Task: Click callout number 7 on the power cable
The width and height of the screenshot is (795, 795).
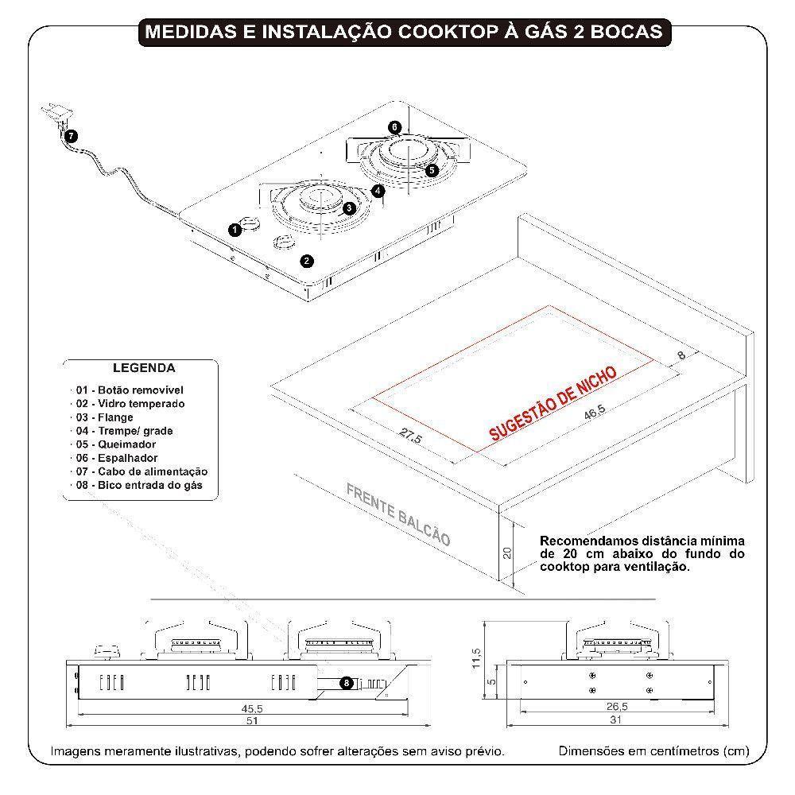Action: [x=72, y=136]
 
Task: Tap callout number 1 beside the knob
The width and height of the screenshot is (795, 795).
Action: [x=235, y=230]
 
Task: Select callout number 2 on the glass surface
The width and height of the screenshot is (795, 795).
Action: [x=307, y=260]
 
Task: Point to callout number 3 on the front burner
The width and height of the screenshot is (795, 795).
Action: [x=348, y=207]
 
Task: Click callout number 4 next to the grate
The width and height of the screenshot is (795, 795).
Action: [x=378, y=190]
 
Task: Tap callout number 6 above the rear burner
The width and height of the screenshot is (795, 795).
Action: [x=395, y=127]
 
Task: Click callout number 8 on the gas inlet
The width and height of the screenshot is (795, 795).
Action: [x=346, y=682]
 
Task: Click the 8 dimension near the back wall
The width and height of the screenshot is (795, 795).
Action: [x=681, y=356]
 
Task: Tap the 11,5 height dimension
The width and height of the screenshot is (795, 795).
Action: [x=476, y=657]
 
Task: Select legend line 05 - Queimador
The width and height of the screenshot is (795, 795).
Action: [x=116, y=444]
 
